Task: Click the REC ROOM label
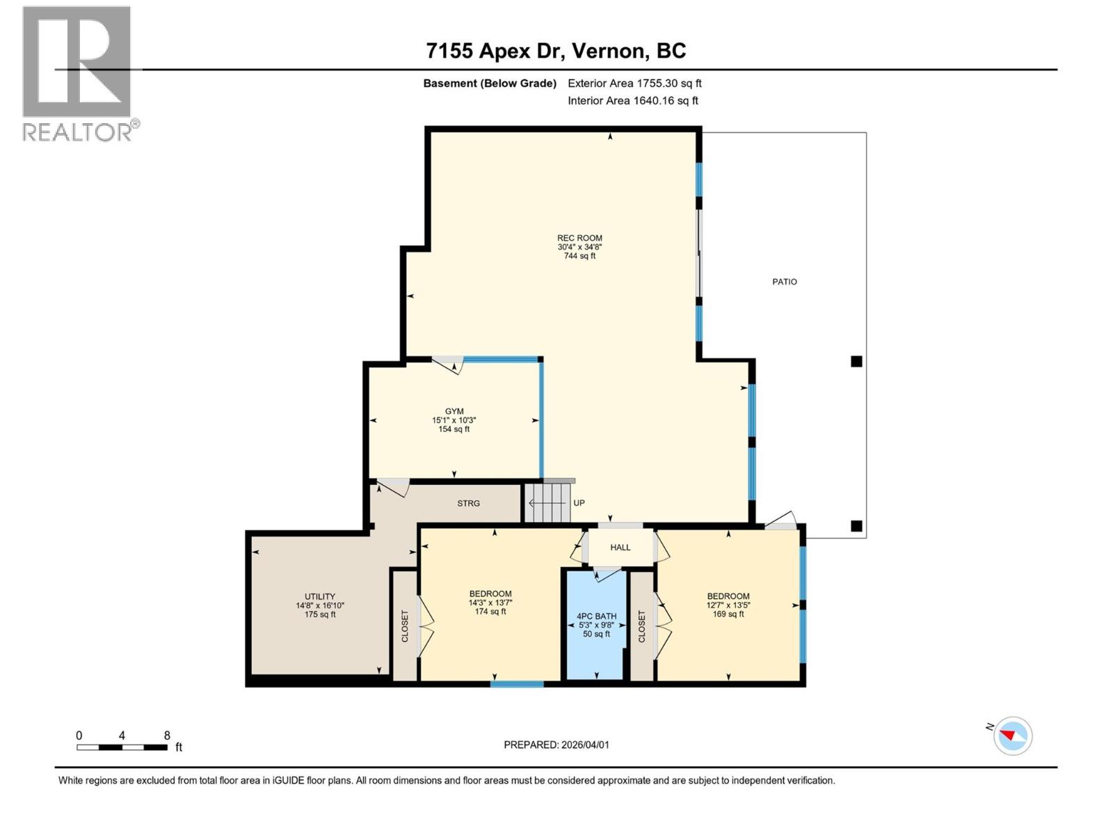coord(579,238)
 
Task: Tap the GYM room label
coord(454,411)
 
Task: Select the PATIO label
coord(784,282)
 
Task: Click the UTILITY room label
coord(320,596)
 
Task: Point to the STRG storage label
coord(468,503)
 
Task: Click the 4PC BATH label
coord(596,617)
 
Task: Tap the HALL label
coord(620,548)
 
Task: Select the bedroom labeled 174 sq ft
coord(490,603)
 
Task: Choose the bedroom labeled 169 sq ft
coord(728,605)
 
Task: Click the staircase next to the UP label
coord(547,502)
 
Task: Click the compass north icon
coord(1013,735)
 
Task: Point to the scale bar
coord(122,747)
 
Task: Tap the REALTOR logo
coord(77,73)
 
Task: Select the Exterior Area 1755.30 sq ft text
coord(634,83)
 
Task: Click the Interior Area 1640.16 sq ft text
coord(632,101)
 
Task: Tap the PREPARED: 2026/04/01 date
coord(556,745)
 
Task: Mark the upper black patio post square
coord(856,361)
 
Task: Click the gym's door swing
coord(448,365)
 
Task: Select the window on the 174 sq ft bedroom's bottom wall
coord(517,684)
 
